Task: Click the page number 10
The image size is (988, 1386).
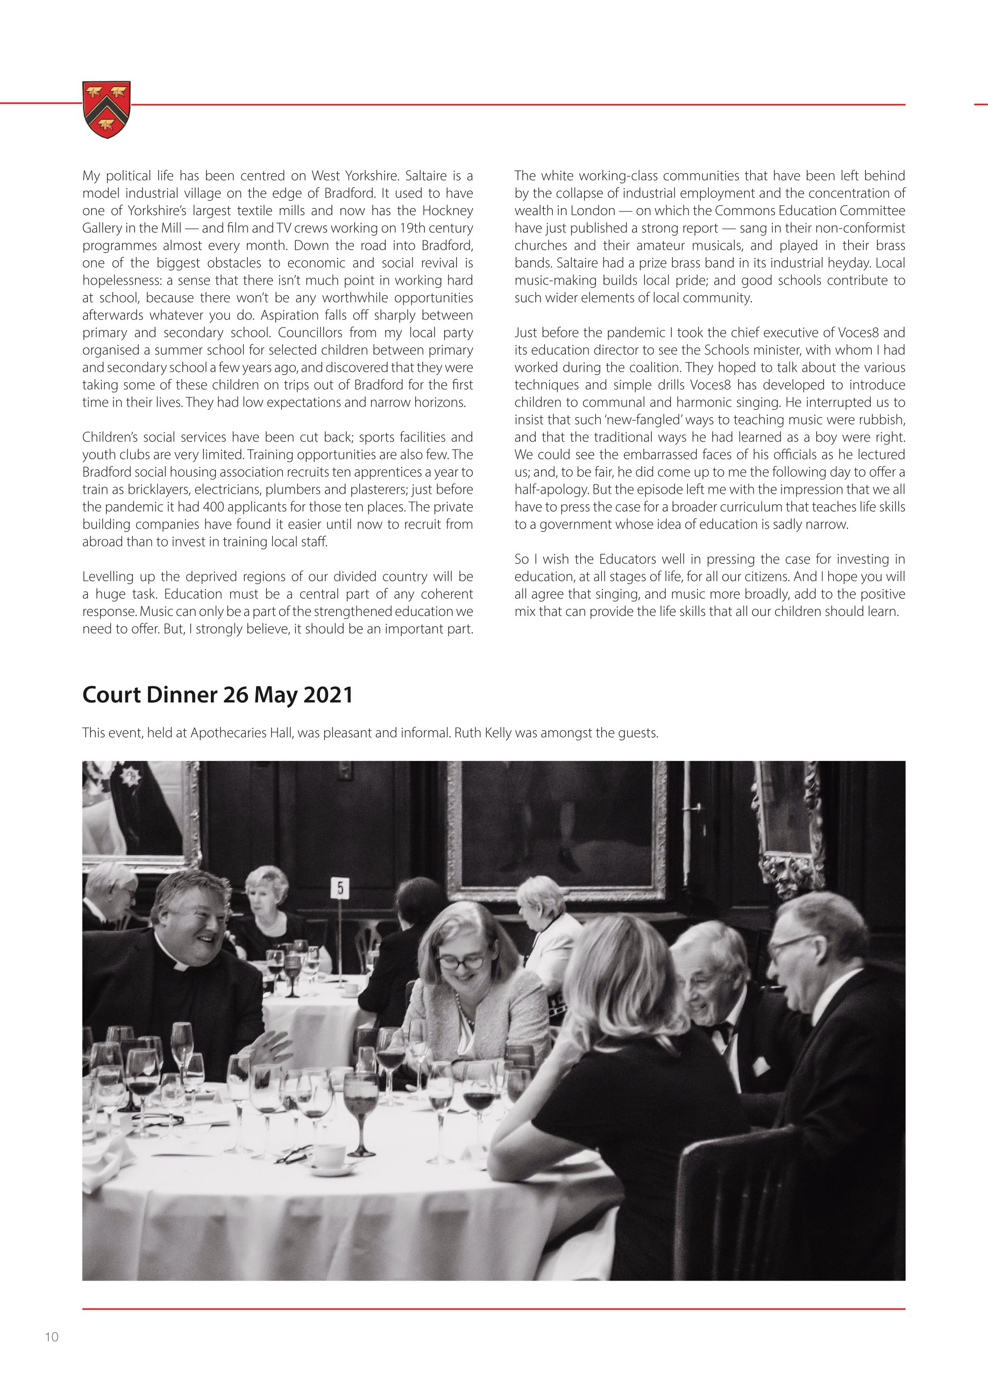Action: coord(52,1337)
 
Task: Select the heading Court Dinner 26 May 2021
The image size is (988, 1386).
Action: coord(217,695)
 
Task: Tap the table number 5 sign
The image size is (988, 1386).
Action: coord(340,889)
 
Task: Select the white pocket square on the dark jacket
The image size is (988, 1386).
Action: coord(760,1065)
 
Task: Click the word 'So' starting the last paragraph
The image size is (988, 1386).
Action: coord(523,559)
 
